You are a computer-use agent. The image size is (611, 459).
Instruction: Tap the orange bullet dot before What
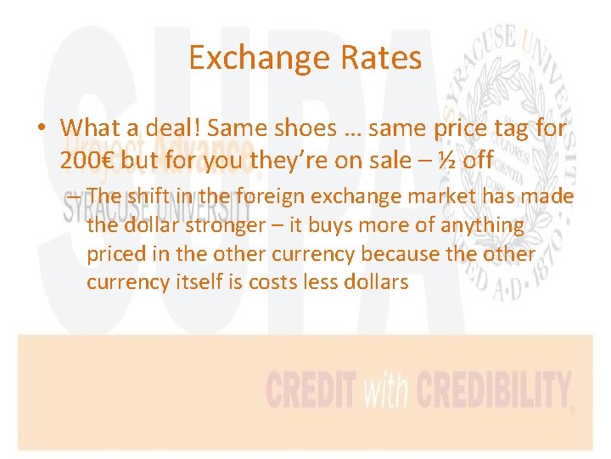(41, 129)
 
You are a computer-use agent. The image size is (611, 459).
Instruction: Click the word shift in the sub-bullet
(148, 196)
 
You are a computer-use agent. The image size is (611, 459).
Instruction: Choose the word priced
(114, 253)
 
